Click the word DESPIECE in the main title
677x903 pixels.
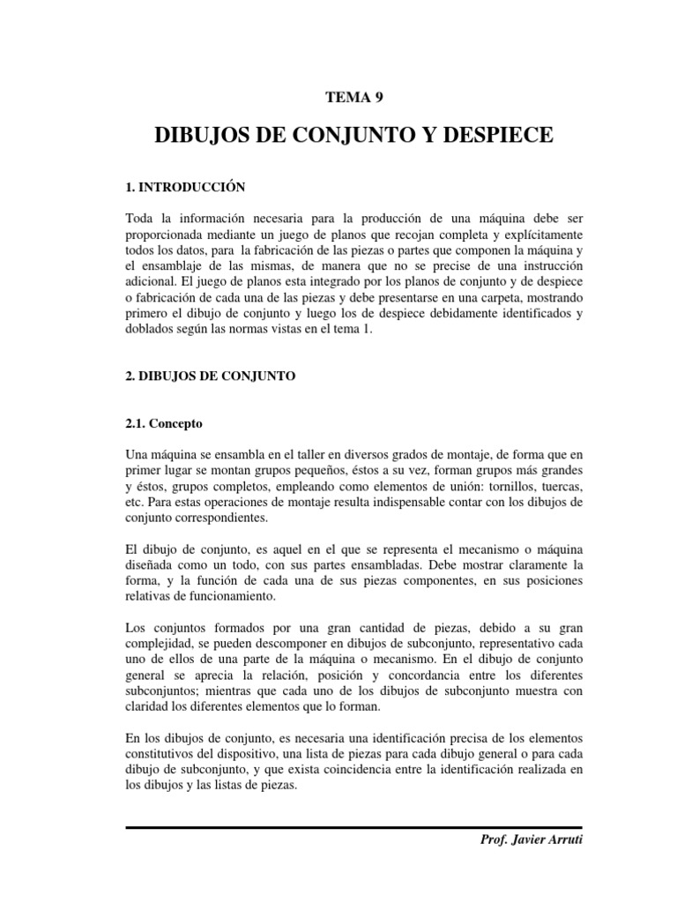pyautogui.click(x=491, y=136)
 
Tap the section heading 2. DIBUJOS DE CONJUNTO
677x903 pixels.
pyautogui.click(x=210, y=376)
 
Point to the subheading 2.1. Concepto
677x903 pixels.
pyautogui.click(x=164, y=423)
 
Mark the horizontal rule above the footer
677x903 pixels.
pyautogui.click(x=354, y=827)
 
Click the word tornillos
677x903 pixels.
pyautogui.click(x=498, y=487)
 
